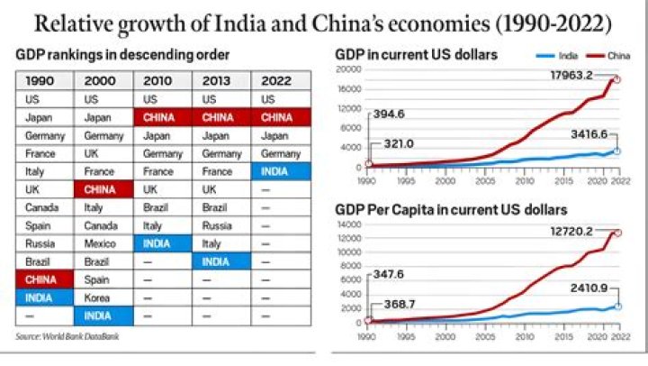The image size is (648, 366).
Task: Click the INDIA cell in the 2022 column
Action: tap(281, 171)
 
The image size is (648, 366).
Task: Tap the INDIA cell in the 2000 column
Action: tap(103, 316)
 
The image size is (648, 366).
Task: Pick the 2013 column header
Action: tap(222, 80)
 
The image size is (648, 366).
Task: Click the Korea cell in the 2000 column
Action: tap(103, 297)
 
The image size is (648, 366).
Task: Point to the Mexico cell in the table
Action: tap(103, 243)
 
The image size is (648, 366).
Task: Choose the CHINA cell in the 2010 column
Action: tap(163, 117)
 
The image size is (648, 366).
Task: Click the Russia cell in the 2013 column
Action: tap(222, 225)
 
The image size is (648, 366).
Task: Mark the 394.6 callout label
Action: tap(391, 114)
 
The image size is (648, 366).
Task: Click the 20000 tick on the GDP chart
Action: tap(348, 69)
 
